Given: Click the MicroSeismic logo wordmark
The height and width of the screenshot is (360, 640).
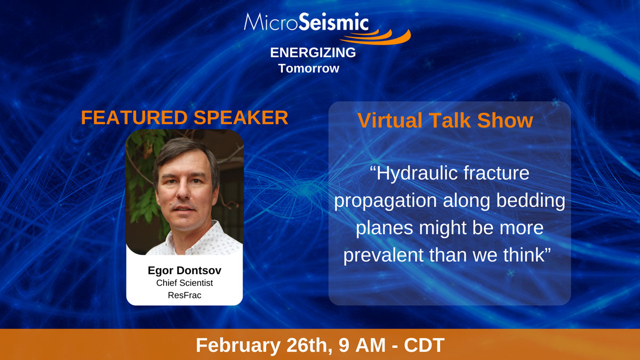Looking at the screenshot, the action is click(x=306, y=22).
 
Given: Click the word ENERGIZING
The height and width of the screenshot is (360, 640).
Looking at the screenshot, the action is click(x=313, y=53).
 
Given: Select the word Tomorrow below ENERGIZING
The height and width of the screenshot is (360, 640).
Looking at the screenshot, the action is click(x=309, y=68).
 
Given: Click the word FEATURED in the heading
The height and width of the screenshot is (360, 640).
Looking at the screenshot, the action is click(x=134, y=117).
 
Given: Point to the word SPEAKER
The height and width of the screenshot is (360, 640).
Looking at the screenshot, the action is click(x=241, y=117).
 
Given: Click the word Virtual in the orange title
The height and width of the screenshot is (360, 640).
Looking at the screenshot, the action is click(x=390, y=121).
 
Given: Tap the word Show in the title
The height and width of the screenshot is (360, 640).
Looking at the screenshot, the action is click(x=505, y=121).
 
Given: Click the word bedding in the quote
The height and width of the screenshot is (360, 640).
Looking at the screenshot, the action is click(x=531, y=201).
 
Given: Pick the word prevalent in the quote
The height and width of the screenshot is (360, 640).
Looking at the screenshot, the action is click(x=383, y=255).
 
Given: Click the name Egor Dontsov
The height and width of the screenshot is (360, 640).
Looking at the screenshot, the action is click(x=185, y=270).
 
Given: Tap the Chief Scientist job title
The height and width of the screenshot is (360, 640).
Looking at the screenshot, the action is click(x=185, y=283).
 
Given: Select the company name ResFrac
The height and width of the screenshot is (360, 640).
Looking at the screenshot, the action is click(x=185, y=295).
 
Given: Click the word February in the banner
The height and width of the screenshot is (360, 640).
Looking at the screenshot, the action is click(x=238, y=346).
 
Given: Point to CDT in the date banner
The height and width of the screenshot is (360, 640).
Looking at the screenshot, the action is click(x=424, y=345).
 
